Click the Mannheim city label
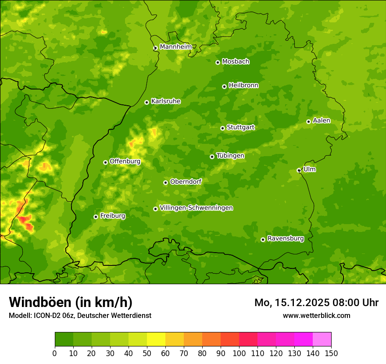175,47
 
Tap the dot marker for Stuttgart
222,128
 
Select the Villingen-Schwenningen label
196,208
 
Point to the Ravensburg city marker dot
263,239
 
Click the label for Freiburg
112,216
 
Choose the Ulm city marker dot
299,170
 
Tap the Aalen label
322,121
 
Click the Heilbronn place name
243,86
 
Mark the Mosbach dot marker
218,62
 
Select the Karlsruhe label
165,101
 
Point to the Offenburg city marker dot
105,162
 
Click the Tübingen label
230,156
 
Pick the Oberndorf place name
186,182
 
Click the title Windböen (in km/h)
70,302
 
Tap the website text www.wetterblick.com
316,315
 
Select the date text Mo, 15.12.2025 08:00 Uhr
316,303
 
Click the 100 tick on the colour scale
239,353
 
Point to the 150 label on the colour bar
331,353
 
